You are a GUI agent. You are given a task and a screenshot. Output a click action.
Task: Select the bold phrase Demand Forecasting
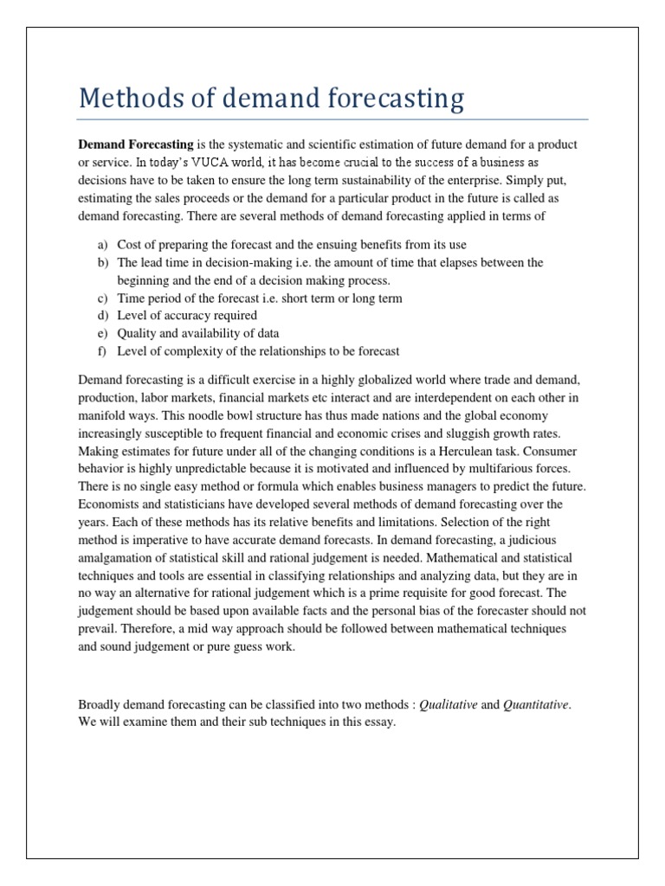pos(136,144)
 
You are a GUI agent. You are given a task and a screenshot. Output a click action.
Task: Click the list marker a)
pos(101,244)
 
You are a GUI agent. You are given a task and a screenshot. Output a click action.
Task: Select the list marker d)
pos(101,315)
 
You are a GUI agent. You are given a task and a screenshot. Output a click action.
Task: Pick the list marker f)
pos(101,350)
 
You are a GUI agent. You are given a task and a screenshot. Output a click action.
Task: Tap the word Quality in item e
pos(136,333)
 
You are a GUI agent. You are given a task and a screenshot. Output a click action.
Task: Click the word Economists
pos(110,504)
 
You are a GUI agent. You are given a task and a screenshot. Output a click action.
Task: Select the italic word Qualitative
pos(448,704)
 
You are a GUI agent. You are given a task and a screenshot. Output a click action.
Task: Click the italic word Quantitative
pos(536,704)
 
